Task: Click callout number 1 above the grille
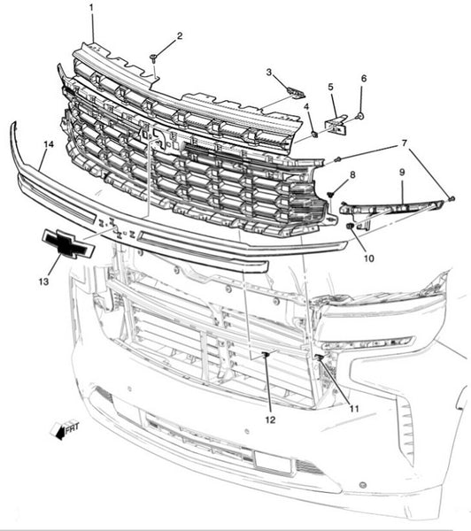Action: pyautogui.click(x=91, y=8)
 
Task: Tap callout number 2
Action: pyautogui.click(x=180, y=35)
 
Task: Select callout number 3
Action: pyautogui.click(x=269, y=73)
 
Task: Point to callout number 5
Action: pyautogui.click(x=330, y=87)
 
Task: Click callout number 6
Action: pyautogui.click(x=364, y=79)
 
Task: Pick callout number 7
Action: pyautogui.click(x=404, y=143)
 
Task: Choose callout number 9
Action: pyautogui.click(x=402, y=173)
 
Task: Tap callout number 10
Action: pyautogui.click(x=369, y=258)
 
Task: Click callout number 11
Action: pyautogui.click(x=354, y=409)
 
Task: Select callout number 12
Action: pyautogui.click(x=270, y=419)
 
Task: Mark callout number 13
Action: pyautogui.click(x=43, y=281)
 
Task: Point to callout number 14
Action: pyautogui.click(x=49, y=144)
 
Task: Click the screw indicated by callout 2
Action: pyautogui.click(x=154, y=58)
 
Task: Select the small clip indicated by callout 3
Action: pyautogui.click(x=296, y=92)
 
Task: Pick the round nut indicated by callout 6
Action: pyautogui.click(x=359, y=117)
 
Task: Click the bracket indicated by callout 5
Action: pyautogui.click(x=336, y=124)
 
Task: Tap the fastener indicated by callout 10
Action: pyautogui.click(x=349, y=226)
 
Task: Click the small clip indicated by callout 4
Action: pyautogui.click(x=315, y=135)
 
